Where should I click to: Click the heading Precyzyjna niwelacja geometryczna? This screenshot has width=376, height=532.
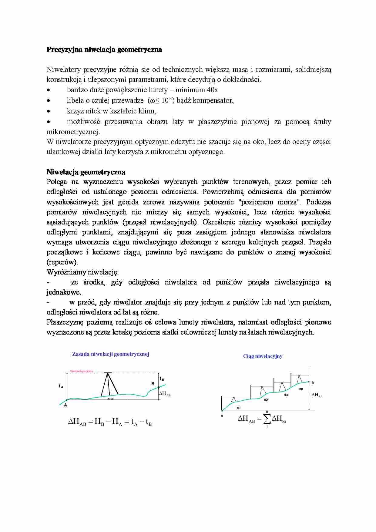click(x=104, y=50)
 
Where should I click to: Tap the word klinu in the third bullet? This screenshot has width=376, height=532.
click(x=147, y=111)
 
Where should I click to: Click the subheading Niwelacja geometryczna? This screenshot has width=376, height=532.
click(x=86, y=172)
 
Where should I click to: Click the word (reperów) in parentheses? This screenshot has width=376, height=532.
click(x=62, y=262)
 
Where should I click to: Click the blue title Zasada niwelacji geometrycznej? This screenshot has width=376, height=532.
click(x=111, y=354)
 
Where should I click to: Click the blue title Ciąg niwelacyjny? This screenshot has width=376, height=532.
click(x=263, y=356)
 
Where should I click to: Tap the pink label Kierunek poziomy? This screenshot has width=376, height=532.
click(x=82, y=371)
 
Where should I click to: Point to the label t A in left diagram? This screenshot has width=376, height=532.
click(x=61, y=386)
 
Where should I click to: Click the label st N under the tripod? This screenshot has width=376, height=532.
click(x=110, y=399)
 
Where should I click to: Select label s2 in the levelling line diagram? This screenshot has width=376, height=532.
click(x=266, y=400)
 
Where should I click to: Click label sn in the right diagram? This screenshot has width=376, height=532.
click(x=301, y=389)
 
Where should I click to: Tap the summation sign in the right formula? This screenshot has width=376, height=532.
click(x=267, y=419)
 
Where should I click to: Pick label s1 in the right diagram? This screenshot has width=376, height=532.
click(x=239, y=408)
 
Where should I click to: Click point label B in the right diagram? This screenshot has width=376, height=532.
click(x=313, y=383)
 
